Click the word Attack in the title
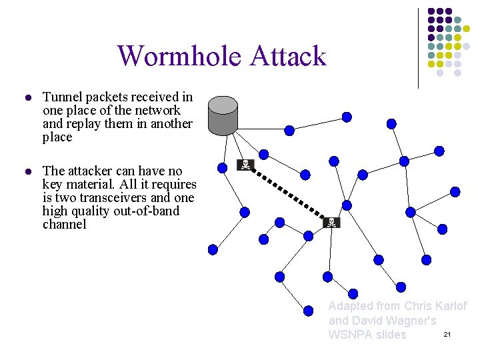(x=288, y=56)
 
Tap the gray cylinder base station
(x=223, y=115)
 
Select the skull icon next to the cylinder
(x=245, y=165)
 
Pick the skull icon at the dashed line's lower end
(x=331, y=222)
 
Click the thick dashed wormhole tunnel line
(x=288, y=193)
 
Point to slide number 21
(x=447, y=333)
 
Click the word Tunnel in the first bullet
(x=61, y=97)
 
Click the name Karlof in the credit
(x=451, y=306)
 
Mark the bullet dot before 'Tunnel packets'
(x=27, y=98)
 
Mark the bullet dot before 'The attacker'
(x=27, y=172)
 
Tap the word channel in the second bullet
(x=64, y=225)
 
